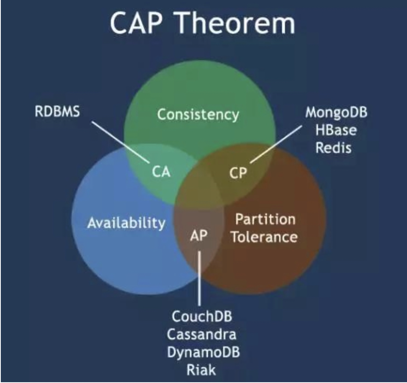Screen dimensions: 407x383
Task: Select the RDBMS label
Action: click(x=57, y=112)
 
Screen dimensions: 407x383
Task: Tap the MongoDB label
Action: click(x=336, y=112)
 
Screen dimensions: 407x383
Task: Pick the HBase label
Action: click(x=336, y=130)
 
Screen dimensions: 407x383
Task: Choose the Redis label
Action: click(x=333, y=147)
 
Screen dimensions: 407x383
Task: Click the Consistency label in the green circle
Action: click(x=198, y=115)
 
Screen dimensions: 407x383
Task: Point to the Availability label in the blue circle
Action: click(x=126, y=223)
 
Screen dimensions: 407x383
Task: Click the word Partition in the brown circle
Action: click(x=265, y=219)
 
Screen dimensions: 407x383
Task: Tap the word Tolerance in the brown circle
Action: click(x=264, y=237)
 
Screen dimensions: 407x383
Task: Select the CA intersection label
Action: click(x=161, y=172)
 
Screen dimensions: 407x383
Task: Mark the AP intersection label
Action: click(x=199, y=236)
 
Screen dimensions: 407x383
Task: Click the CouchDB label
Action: click(x=202, y=316)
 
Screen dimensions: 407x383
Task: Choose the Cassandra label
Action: click(x=202, y=334)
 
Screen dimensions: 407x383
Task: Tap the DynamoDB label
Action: click(x=203, y=352)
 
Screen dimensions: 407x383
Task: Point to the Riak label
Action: click(x=201, y=369)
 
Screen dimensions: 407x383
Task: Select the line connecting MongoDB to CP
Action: click(x=276, y=144)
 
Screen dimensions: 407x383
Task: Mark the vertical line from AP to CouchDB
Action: click(x=199, y=279)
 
